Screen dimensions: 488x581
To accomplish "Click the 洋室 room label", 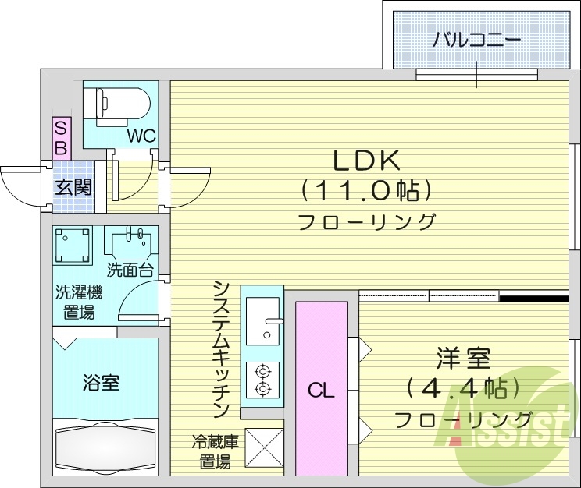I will [x=463, y=359].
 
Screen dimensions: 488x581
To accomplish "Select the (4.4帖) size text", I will [x=463, y=387].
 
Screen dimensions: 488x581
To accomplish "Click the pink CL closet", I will [x=320, y=387].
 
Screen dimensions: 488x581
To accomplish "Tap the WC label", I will [x=142, y=136].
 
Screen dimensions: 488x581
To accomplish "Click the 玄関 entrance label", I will [x=73, y=187].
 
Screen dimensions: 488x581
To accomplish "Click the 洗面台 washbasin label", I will [x=130, y=271].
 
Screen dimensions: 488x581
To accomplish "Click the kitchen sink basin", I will [x=262, y=320].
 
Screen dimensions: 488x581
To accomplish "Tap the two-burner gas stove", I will [x=262, y=380].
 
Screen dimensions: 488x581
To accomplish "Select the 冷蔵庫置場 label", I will [x=215, y=452].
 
